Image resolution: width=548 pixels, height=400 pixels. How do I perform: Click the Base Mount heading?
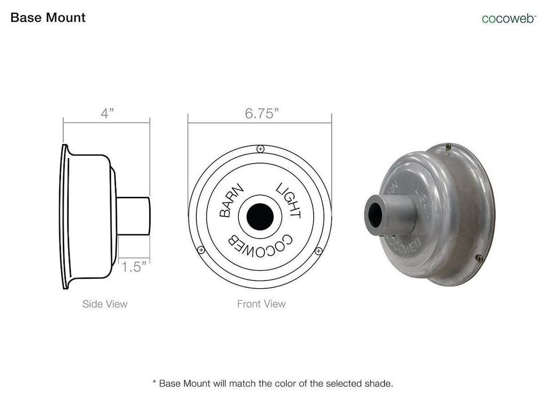[48, 18]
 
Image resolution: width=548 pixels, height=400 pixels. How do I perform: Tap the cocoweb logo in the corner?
[509, 19]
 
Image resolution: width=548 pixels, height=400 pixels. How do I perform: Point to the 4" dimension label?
[107, 113]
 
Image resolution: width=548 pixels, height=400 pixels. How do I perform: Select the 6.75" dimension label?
[262, 114]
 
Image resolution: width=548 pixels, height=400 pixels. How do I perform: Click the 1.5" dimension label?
[134, 267]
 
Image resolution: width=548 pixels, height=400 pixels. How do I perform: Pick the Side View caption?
[105, 304]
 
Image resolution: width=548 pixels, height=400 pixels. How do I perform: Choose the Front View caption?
[261, 304]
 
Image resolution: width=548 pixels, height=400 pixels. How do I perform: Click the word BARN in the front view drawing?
[231, 200]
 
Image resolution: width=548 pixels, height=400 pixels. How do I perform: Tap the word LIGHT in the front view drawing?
[289, 200]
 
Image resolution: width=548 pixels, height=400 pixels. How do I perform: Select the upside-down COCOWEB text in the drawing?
[260, 247]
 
